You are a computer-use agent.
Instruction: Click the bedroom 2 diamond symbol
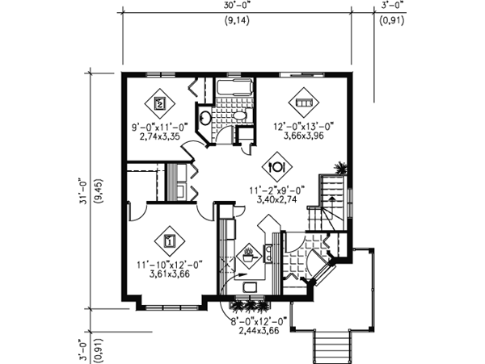point(160,103)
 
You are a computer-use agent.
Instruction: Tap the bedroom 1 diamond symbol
point(169,240)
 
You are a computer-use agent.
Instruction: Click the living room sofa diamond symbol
point(305,103)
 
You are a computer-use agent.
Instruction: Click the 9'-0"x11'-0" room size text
point(160,128)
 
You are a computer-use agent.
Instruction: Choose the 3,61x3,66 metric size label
point(169,274)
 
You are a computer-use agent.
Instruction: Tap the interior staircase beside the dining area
point(330,199)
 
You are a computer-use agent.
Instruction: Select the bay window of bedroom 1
point(170,305)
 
